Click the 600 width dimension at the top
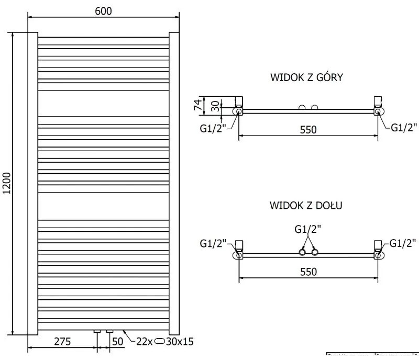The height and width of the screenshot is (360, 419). pyautogui.click(x=104, y=10)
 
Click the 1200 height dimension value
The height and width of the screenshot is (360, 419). pyautogui.click(x=7, y=183)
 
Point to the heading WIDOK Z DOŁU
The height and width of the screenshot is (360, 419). pyautogui.click(x=306, y=205)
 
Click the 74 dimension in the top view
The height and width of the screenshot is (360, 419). pyautogui.click(x=198, y=104)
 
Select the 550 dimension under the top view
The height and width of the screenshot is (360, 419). pyautogui.click(x=308, y=129)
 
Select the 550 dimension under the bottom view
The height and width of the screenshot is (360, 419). pyautogui.click(x=308, y=272)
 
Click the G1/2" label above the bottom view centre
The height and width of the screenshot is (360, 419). pyautogui.click(x=308, y=229)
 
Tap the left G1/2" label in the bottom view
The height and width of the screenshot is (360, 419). pyautogui.click(x=212, y=243)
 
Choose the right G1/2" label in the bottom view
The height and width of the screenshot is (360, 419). pyautogui.click(x=403, y=243)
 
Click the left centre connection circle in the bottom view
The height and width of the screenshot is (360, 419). pyautogui.click(x=302, y=253)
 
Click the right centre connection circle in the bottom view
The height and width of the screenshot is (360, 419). pyautogui.click(x=315, y=253)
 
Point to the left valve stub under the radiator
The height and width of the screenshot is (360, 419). pyautogui.click(x=97, y=331)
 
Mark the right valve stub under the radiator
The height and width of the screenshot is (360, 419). pyautogui.click(x=110, y=331)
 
